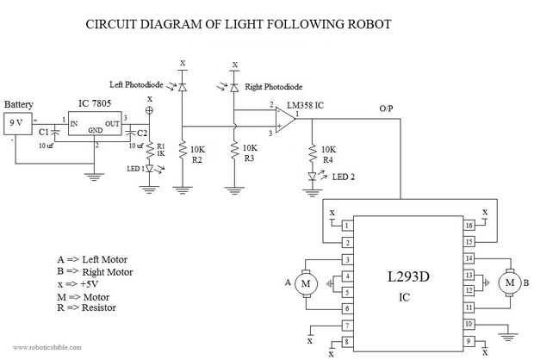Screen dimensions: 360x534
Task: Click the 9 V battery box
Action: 16,122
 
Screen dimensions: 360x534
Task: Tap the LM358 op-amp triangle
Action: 282,121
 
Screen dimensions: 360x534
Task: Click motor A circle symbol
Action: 303,282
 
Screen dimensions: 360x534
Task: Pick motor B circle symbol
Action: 511,282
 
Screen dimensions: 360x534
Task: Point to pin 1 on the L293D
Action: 346,226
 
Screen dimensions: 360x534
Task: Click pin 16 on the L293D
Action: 469,226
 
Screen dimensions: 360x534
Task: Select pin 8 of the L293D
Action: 346,342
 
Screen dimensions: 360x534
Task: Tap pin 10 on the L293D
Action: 469,325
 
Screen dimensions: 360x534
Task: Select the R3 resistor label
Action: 251,159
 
